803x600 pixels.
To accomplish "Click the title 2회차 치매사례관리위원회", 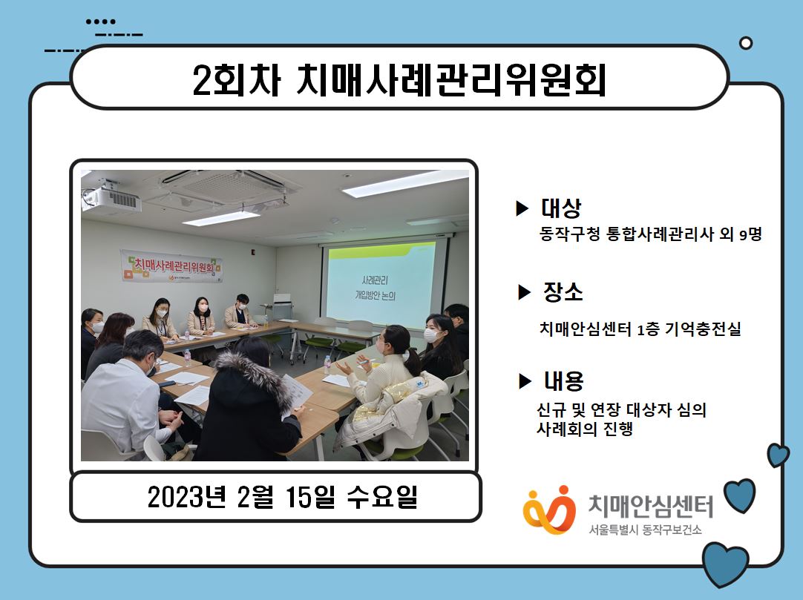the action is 399,79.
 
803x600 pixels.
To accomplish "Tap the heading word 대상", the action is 561,208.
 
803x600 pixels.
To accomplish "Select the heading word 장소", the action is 563,291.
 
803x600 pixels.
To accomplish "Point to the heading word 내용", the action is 564,381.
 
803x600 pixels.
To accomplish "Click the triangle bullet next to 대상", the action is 522,208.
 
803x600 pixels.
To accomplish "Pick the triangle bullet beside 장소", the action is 525,292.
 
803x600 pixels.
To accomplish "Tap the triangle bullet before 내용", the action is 525,381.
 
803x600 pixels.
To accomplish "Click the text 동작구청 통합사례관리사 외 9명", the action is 650,234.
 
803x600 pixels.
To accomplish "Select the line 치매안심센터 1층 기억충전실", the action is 640,328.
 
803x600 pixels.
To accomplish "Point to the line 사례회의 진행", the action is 585,429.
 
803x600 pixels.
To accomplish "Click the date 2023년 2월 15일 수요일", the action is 282,497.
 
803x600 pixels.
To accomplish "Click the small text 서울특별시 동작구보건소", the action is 645,530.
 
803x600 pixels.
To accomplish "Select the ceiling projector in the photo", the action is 111,197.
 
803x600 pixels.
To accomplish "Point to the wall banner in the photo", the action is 171,266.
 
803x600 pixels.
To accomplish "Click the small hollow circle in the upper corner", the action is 746,43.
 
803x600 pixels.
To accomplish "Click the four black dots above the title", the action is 100,22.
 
